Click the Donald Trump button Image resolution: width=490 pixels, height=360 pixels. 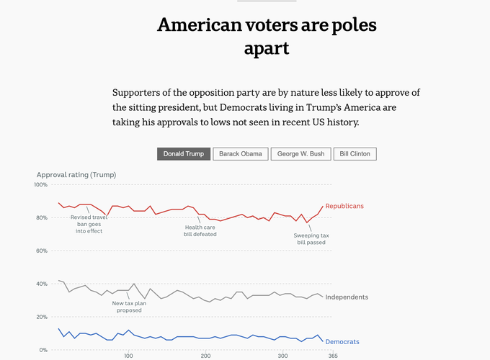[183, 154]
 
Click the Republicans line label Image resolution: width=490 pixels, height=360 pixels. [344, 206]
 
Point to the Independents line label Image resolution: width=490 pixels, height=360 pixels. [347, 297]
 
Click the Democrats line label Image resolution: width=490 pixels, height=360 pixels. [342, 341]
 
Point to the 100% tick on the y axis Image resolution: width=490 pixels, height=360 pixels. [40, 185]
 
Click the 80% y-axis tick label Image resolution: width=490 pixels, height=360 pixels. [42, 218]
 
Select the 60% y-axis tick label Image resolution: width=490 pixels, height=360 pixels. [42, 251]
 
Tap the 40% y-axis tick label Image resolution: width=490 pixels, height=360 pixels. [42, 284]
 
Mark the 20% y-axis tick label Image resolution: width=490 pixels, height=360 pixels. [42, 318]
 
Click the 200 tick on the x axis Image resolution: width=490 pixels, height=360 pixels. [206, 356]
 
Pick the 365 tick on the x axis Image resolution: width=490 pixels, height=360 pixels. [333, 356]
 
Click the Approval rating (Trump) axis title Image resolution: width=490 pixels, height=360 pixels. [76, 174]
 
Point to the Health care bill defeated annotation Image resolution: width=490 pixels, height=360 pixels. [200, 231]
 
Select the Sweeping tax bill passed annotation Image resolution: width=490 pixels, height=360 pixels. [311, 239]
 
